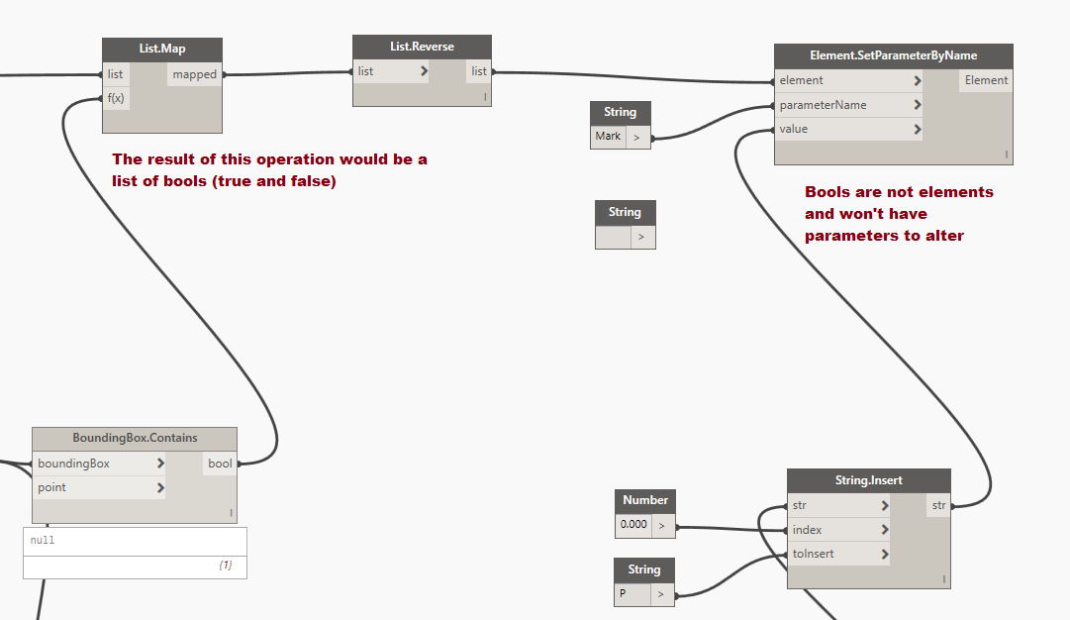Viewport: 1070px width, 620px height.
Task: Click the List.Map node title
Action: [162, 49]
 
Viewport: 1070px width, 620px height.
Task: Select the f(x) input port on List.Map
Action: [116, 98]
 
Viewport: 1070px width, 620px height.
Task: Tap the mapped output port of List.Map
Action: [194, 74]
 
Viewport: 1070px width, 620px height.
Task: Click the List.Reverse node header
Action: [422, 47]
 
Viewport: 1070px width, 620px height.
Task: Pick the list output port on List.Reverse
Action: [478, 71]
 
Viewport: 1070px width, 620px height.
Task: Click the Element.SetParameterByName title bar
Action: [893, 55]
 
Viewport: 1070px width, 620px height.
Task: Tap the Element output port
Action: [986, 80]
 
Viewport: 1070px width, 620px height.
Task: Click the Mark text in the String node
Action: [608, 136]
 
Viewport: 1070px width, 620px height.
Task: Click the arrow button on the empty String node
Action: [640, 237]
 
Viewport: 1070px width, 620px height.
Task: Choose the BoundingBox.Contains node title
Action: [136, 438]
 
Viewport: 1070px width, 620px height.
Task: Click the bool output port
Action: [220, 463]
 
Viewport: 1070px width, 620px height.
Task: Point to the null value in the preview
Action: [43, 540]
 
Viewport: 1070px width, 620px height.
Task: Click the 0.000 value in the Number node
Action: [633, 524]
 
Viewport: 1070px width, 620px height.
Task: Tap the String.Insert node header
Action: [869, 480]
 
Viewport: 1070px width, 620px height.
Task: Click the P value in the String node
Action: [623, 593]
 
